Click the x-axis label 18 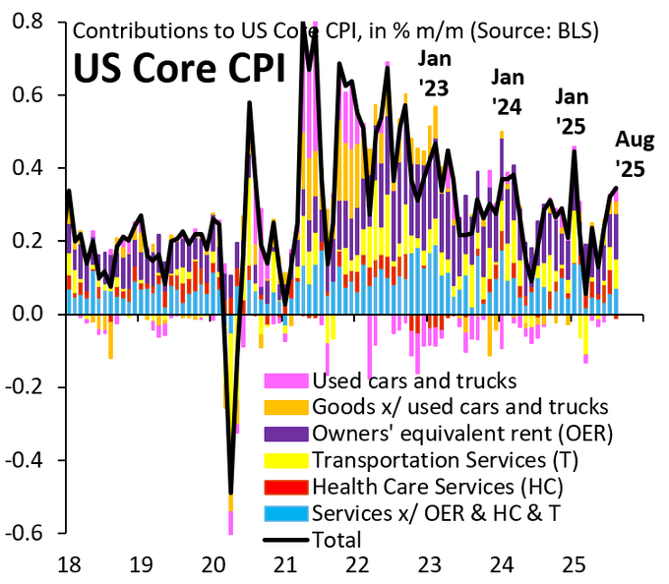point(68,564)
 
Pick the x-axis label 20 point(213,564)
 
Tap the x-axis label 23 point(430,564)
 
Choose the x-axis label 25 point(575,564)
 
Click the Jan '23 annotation point(434,75)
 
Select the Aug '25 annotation point(630,154)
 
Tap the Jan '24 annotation point(509,90)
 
